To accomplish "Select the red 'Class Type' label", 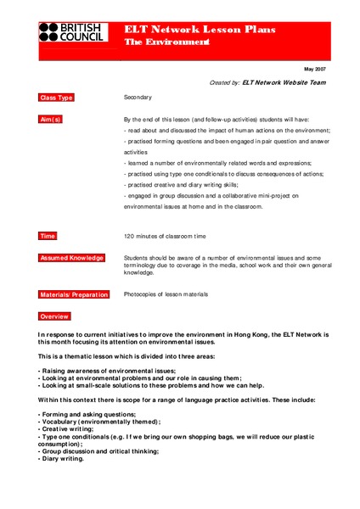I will pos(57,98).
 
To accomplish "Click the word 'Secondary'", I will pos(138,98).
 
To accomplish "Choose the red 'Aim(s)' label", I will pos(51,120).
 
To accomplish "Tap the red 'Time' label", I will pos(48,235).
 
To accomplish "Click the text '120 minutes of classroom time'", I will pos(167,235).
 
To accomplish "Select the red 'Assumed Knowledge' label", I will pos(71,257).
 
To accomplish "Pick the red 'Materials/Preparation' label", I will pos(74,294).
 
